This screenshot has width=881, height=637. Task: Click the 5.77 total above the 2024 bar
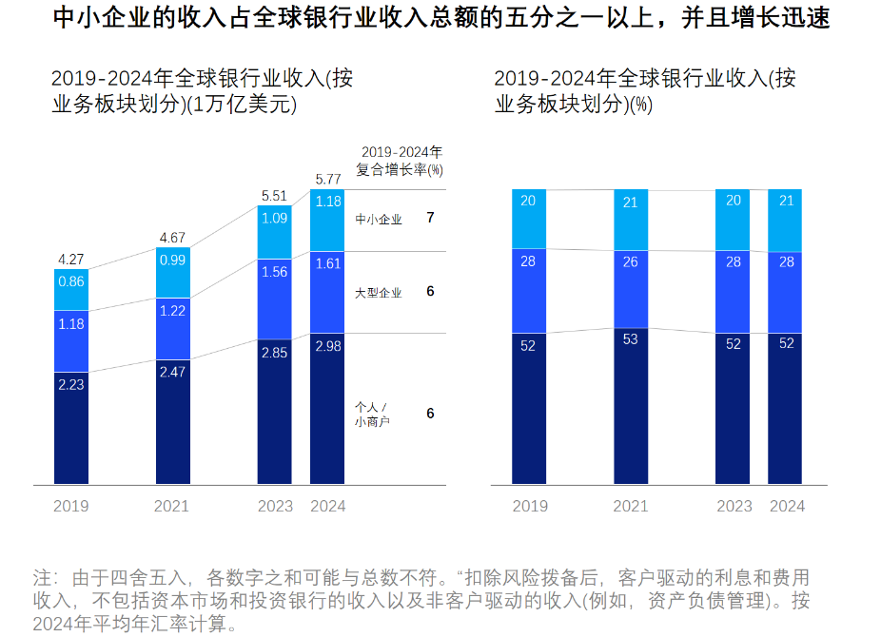click(327, 179)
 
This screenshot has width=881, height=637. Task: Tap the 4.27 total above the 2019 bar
click(71, 259)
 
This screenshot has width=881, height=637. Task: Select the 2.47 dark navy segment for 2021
click(173, 372)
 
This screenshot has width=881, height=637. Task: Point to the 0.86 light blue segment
click(71, 282)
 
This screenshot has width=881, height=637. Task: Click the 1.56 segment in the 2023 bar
click(275, 271)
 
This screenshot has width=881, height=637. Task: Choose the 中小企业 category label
click(378, 220)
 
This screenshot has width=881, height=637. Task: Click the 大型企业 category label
click(378, 293)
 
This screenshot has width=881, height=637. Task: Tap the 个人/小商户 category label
click(372, 414)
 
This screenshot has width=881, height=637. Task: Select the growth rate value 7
click(430, 218)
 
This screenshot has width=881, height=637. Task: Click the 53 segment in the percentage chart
click(630, 339)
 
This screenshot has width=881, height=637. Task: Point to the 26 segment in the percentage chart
click(630, 262)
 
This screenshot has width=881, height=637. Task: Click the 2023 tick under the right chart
click(734, 507)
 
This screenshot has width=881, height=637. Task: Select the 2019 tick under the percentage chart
click(530, 507)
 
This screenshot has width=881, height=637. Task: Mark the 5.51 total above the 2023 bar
click(275, 196)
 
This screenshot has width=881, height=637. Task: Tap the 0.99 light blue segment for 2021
click(173, 260)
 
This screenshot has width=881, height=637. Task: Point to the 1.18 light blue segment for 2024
click(327, 202)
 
